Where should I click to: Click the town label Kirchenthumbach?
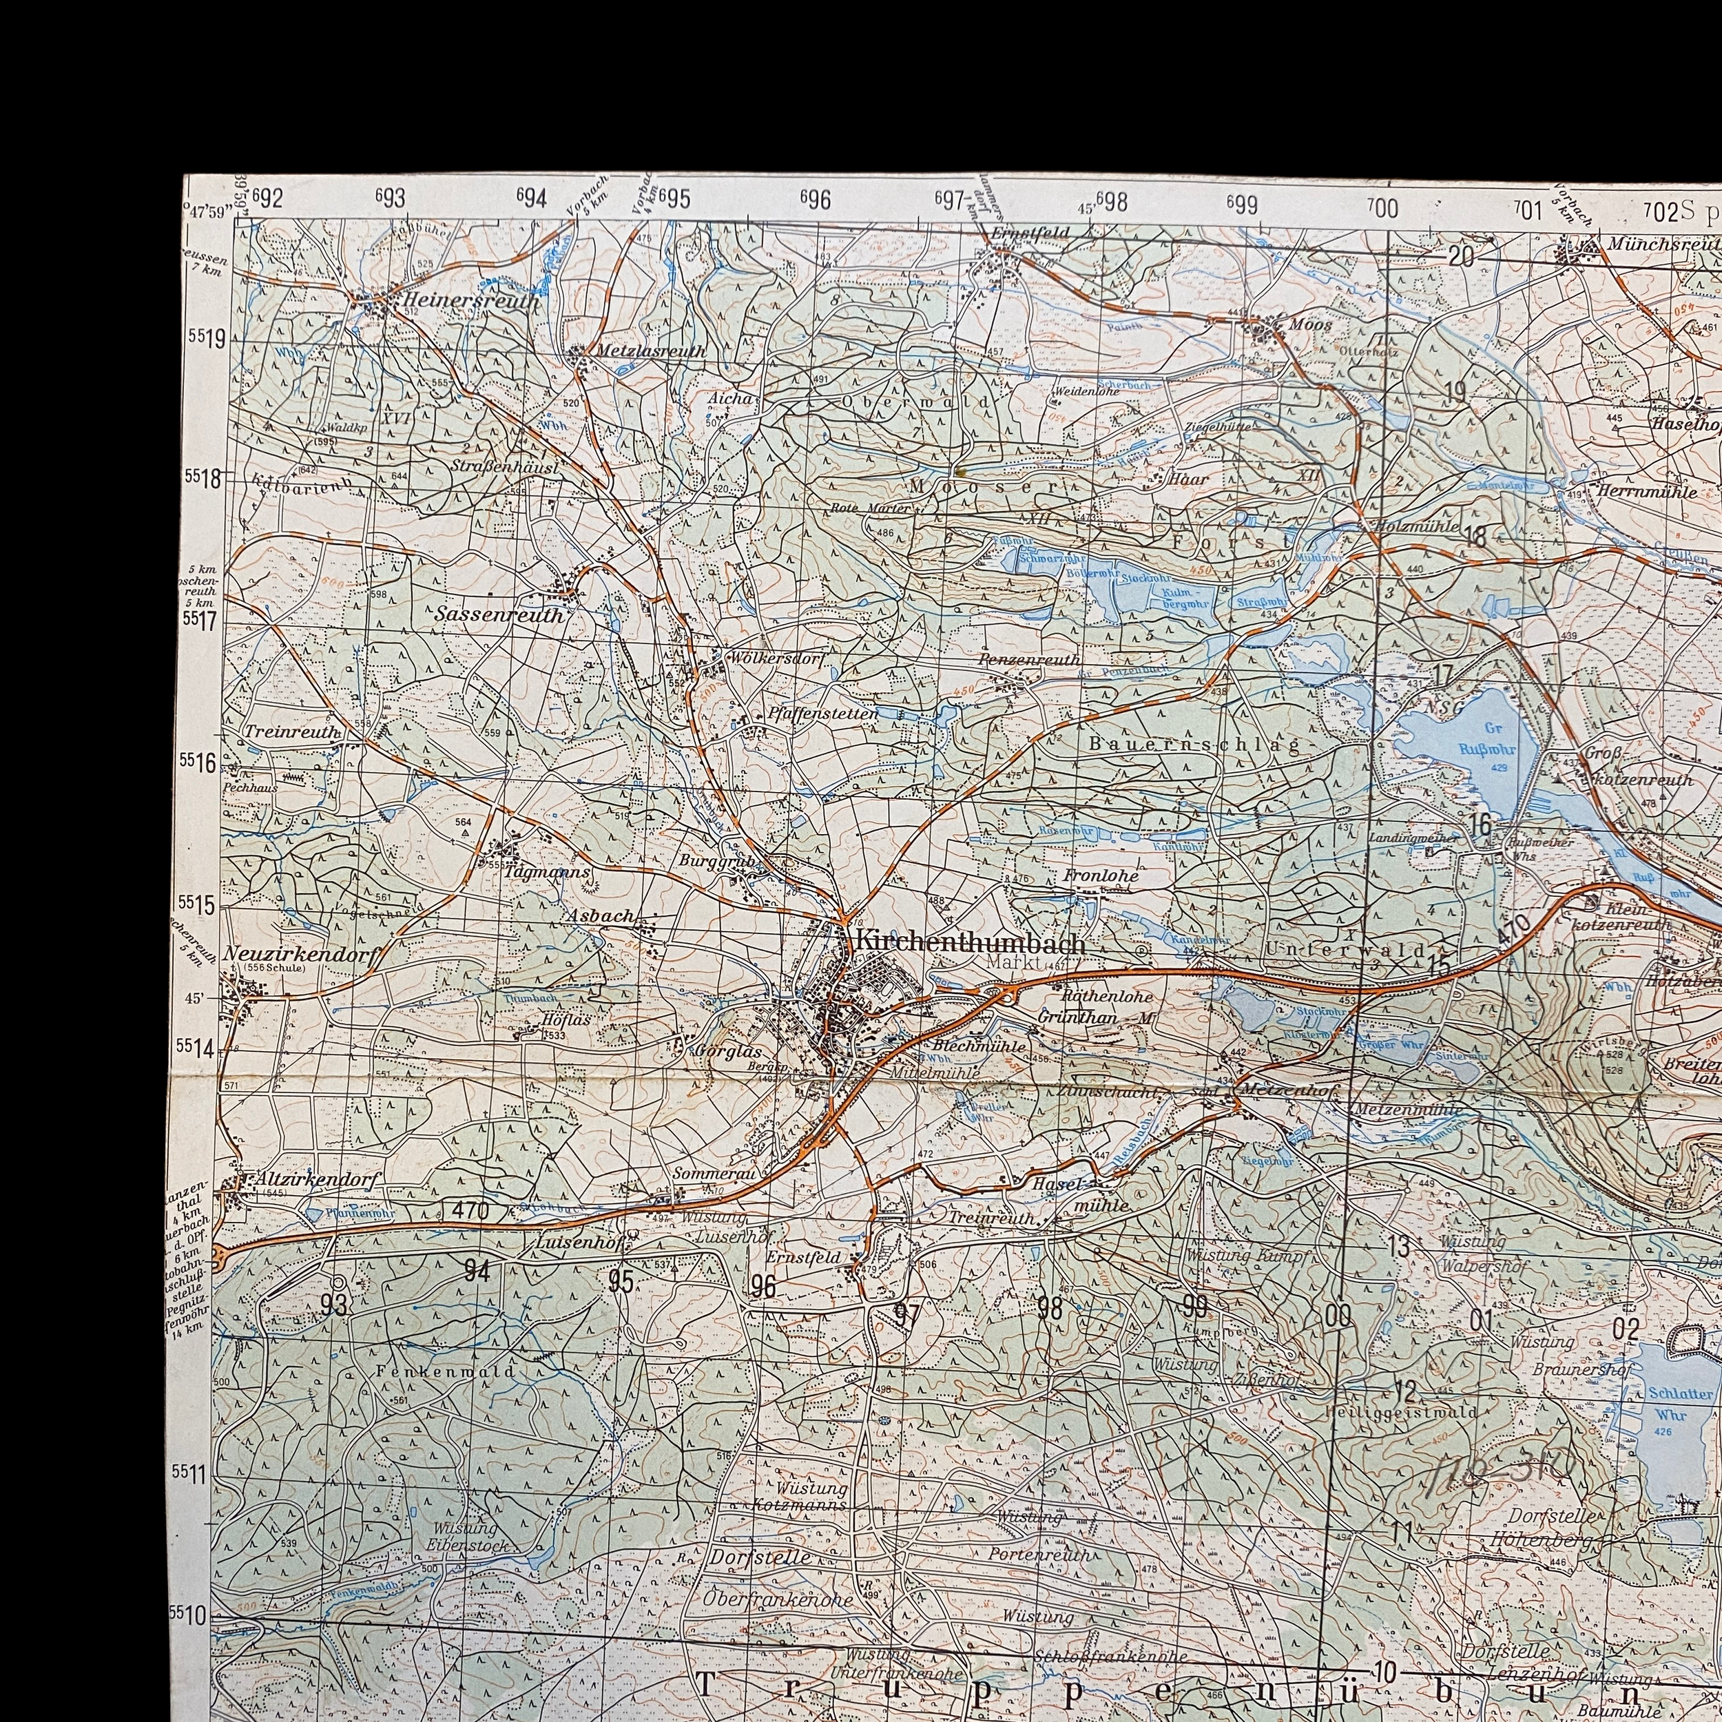click(x=970, y=943)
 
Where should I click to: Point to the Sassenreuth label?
click(x=499, y=615)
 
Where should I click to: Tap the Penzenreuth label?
click(x=1028, y=660)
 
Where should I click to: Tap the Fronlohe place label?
click(x=1100, y=876)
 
